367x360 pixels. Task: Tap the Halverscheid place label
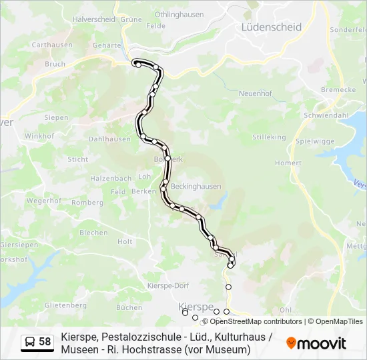point(93,19)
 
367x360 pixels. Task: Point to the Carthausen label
point(51,45)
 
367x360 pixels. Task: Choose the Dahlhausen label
point(109,139)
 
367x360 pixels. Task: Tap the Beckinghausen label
point(196,187)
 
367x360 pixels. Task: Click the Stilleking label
point(269,137)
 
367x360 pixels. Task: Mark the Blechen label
point(93,233)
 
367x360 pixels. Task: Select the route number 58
point(45,342)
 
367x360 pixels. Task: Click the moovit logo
point(316,343)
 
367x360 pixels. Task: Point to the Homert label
point(288,163)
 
